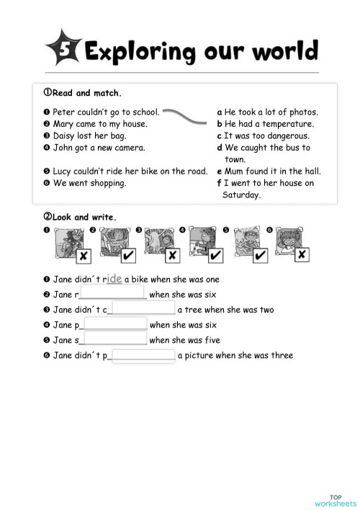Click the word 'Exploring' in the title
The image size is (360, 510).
coord(140,52)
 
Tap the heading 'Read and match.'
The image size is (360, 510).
coord(83,93)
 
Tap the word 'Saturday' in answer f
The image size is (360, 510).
coord(242,194)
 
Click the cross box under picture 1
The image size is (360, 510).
coord(84,256)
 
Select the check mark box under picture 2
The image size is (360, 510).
coord(127,256)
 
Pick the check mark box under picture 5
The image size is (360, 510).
coord(260,256)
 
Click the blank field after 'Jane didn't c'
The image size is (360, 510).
coord(143,309)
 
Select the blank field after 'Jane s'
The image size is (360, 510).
coord(114,339)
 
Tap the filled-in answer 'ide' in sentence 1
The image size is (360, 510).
coord(114,278)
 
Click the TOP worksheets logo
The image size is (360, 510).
coord(335,500)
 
